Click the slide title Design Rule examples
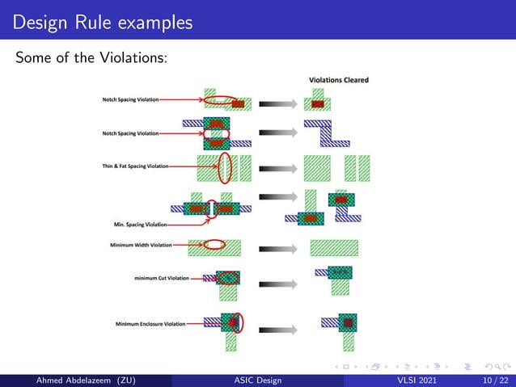click(102, 22)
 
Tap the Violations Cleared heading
click(339, 80)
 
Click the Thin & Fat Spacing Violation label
click(136, 166)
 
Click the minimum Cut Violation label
click(162, 278)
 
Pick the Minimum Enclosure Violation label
click(150, 323)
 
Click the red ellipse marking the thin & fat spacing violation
click(226, 167)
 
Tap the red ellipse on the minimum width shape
click(214, 244)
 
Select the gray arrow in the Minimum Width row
click(275, 245)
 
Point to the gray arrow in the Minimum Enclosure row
click(275, 330)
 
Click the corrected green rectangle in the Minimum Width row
click(334, 246)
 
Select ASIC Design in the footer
click(258, 379)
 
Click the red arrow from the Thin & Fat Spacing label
click(194, 166)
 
